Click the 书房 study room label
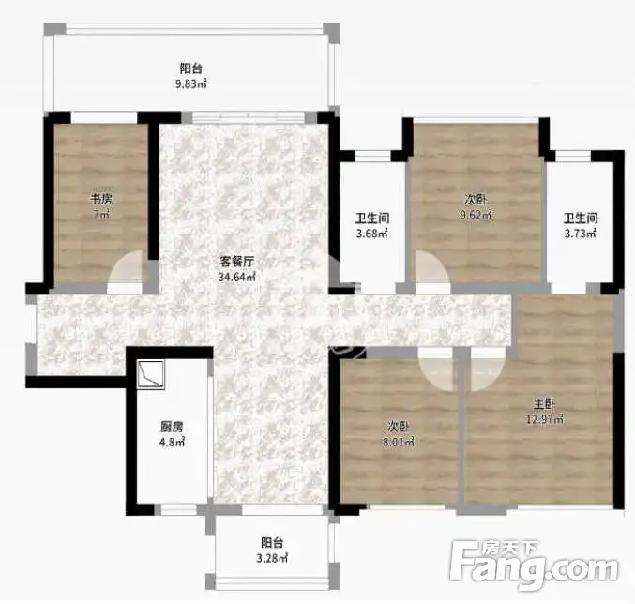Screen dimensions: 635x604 (101, 199)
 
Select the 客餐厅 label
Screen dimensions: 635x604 (237, 262)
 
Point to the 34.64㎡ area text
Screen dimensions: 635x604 (237, 278)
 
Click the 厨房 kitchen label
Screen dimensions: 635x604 (172, 427)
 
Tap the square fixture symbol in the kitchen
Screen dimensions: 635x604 (151, 374)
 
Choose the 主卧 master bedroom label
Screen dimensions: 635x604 (544, 403)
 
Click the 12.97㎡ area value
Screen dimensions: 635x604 (544, 419)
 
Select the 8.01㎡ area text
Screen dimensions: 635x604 (399, 442)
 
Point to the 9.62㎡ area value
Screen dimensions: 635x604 (476, 215)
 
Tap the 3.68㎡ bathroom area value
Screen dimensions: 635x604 (372, 234)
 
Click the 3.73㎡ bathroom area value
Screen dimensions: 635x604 (581, 234)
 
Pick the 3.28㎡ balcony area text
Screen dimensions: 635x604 (272, 559)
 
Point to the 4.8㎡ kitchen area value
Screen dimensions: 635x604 (172, 442)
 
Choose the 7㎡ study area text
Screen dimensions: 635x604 (101, 215)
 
